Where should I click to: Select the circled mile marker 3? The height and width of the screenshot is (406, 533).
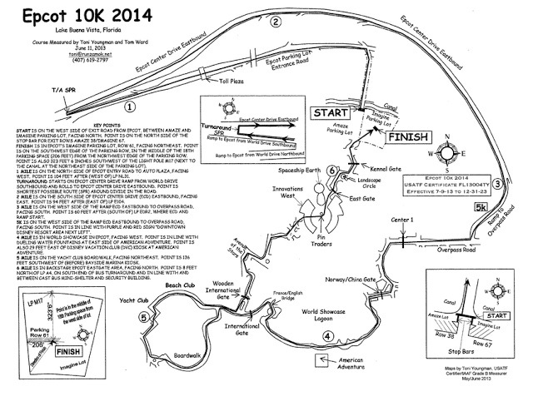496,184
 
